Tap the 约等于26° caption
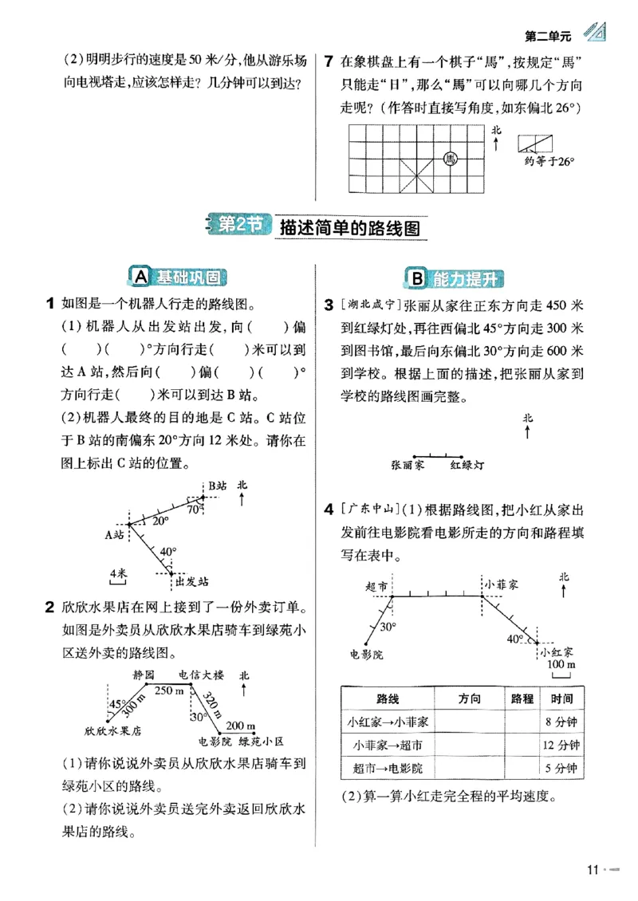pos(549,161)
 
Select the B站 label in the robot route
pos(218,485)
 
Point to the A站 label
pos(115,535)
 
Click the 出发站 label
pos(191,580)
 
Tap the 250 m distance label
pos(169,691)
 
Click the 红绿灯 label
pos(467,463)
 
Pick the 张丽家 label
pos(408,463)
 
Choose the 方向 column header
pos(471,698)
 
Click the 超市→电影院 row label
pos(388,769)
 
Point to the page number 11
pos(591,870)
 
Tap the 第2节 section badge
pos(237,226)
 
